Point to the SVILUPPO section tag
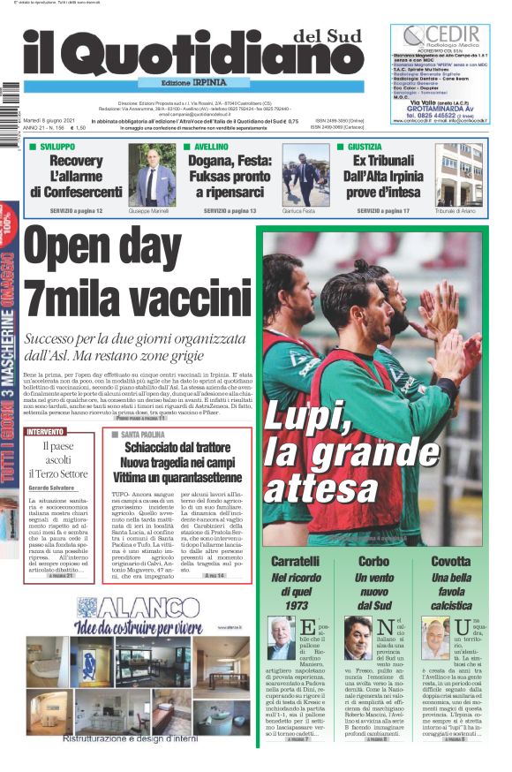(53, 147)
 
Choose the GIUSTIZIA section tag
(363, 147)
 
